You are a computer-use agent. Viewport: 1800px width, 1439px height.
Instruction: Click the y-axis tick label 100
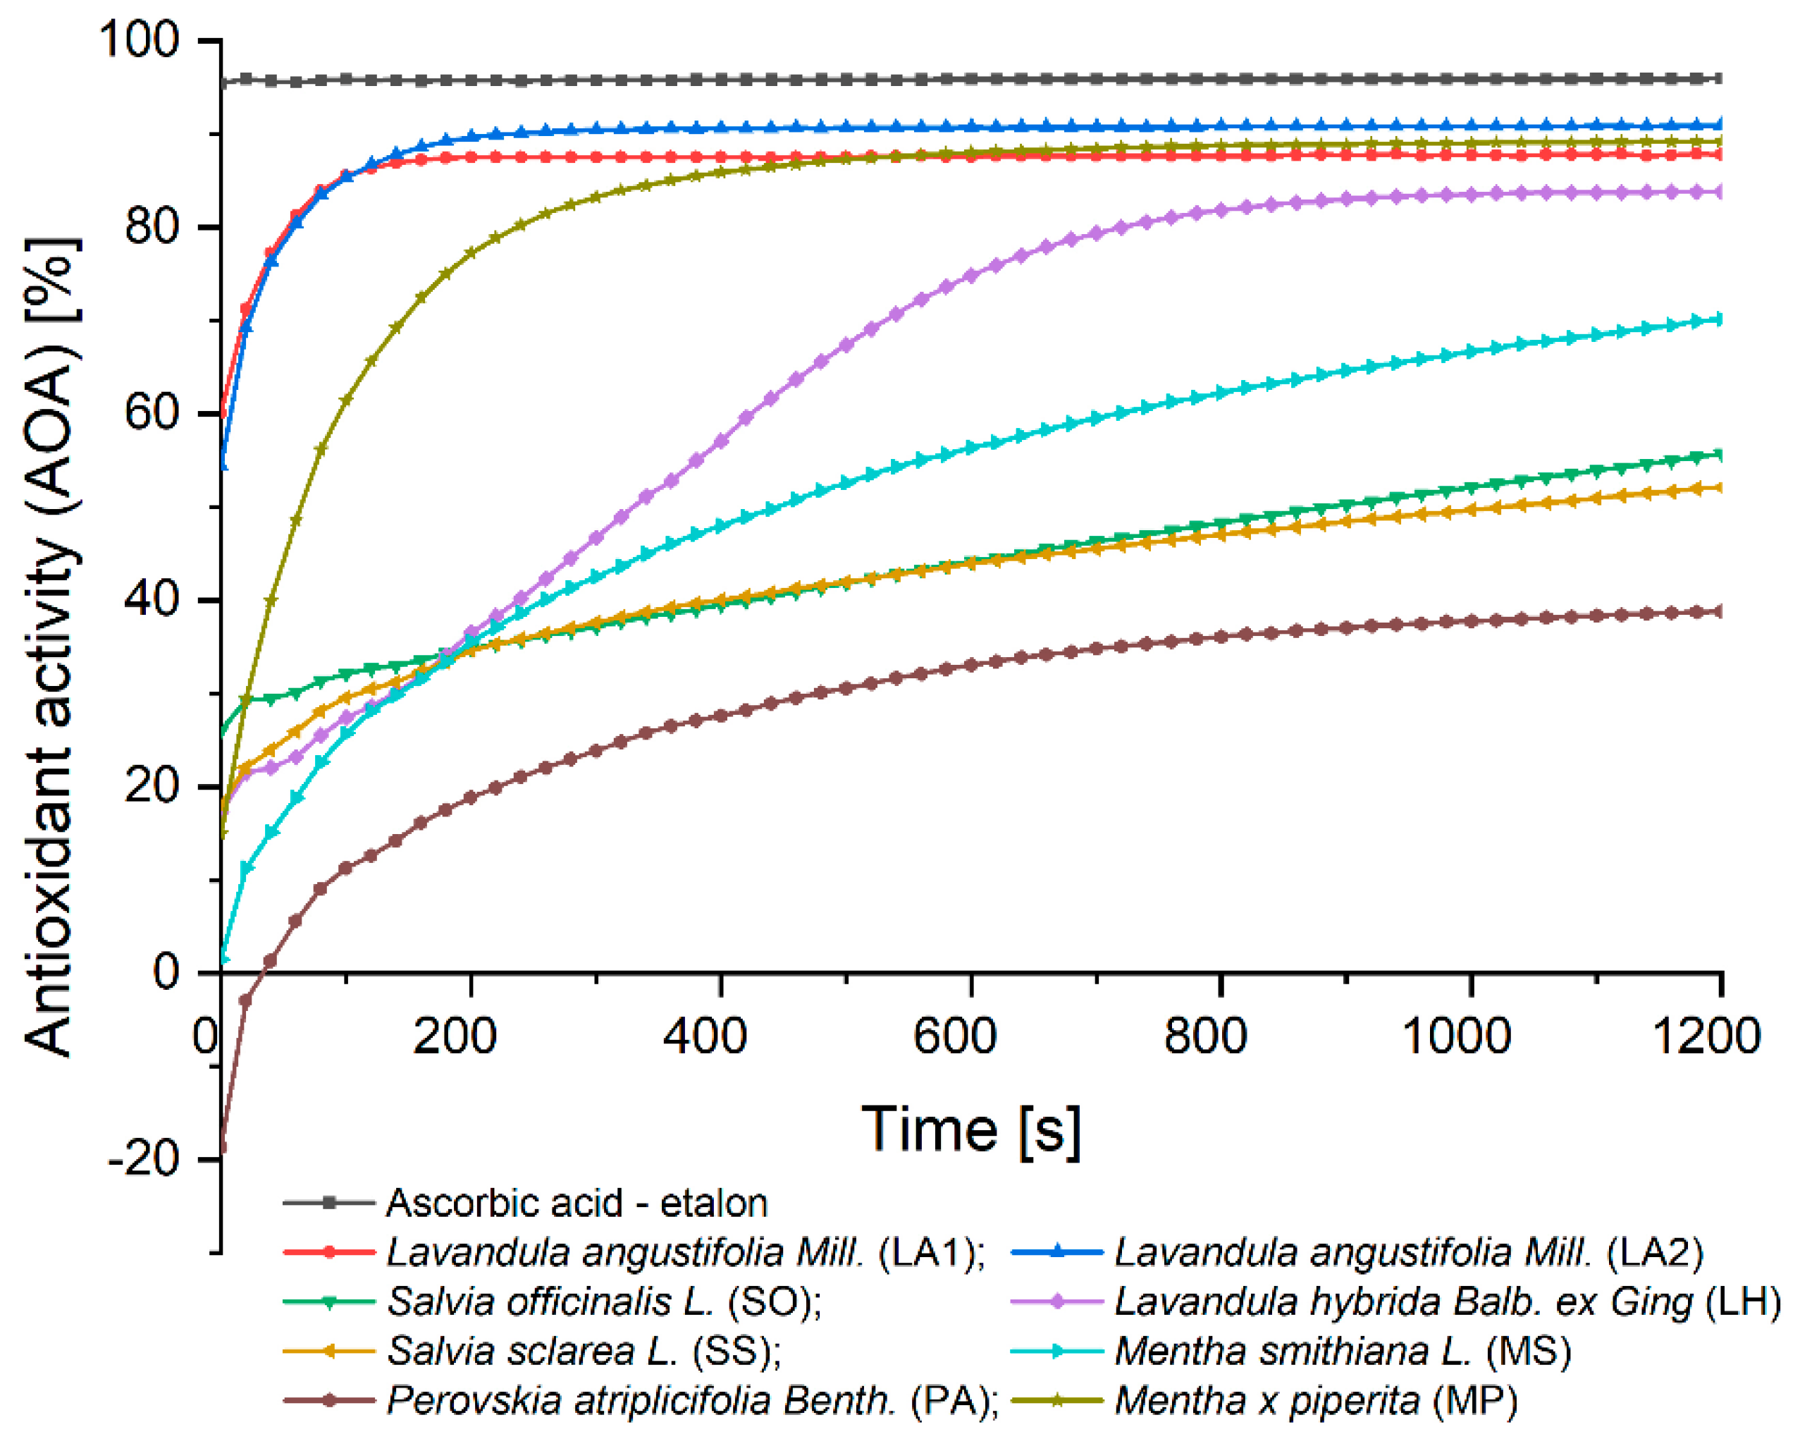139,39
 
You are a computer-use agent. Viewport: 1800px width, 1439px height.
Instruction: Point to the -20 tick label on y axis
144,1159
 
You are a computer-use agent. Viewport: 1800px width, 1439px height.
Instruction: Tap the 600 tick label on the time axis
954,1037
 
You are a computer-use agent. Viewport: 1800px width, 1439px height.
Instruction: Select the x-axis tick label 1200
1706,1037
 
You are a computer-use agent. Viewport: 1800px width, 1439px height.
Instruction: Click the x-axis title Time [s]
971,1130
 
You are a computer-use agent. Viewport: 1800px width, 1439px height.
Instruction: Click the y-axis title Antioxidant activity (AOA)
51,648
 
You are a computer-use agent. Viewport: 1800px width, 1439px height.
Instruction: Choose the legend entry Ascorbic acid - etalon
576,1204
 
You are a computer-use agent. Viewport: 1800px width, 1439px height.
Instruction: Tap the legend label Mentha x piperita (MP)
1316,1401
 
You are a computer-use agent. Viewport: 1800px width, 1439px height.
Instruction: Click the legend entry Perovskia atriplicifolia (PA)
692,1401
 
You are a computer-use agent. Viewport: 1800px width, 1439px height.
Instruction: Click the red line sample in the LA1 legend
329,1252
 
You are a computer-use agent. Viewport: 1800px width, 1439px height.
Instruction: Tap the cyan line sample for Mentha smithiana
1057,1352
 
